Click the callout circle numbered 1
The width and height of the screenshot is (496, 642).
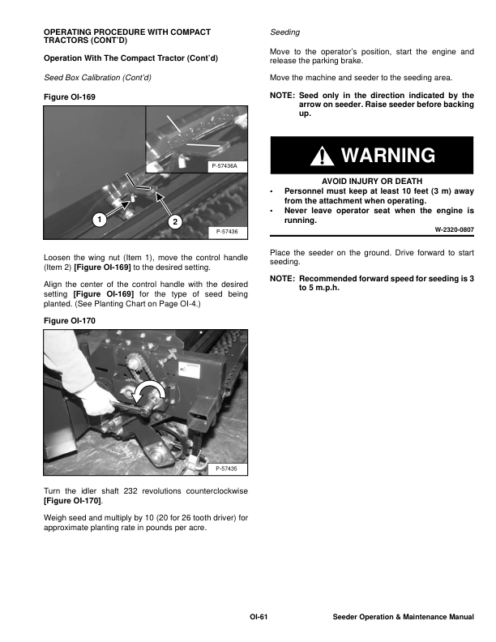click(x=97, y=220)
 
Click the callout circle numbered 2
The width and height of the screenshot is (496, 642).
click(x=173, y=222)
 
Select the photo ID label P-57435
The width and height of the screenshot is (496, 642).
click(x=227, y=469)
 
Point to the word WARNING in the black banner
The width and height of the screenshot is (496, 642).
click(x=387, y=156)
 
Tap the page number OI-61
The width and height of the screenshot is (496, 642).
click(x=259, y=618)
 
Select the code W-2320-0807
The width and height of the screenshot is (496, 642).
click(x=454, y=230)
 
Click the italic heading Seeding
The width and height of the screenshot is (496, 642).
click(x=284, y=32)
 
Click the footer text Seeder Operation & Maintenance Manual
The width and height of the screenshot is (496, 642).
click(x=403, y=618)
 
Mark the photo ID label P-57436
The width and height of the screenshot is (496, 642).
click(x=227, y=232)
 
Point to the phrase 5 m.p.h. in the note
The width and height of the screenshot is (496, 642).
click(x=320, y=289)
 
